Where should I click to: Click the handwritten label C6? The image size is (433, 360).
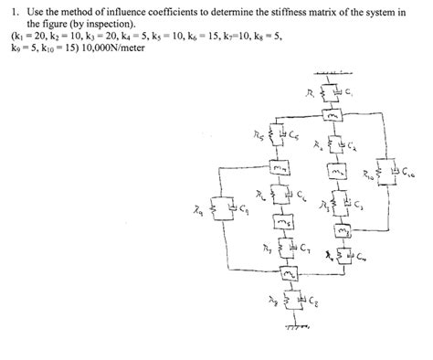304,195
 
